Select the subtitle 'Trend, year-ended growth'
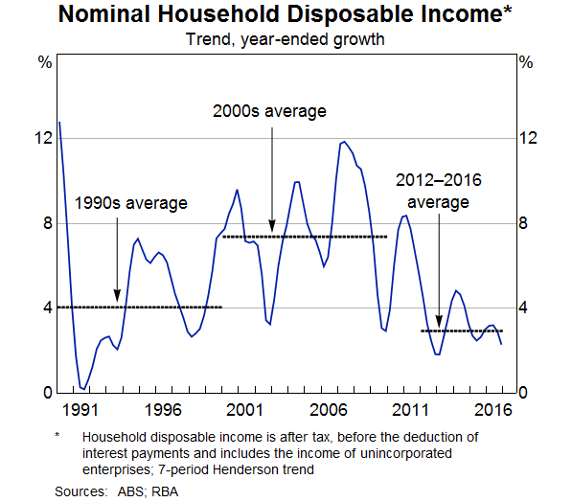pyautogui.click(x=286, y=39)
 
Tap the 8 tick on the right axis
pyautogui.click(x=525, y=223)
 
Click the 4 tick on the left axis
pyautogui.click(x=44, y=308)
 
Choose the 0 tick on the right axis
pyautogui.click(x=525, y=393)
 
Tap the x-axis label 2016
pyautogui.click(x=490, y=409)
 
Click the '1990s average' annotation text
pyautogui.click(x=131, y=203)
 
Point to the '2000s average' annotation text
pyautogui.click(x=269, y=111)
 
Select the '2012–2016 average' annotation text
pyautogui.click(x=439, y=191)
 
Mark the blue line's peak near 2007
pyautogui.click(x=343, y=142)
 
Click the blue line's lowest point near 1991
pyautogui.click(x=83, y=389)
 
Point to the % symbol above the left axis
pyautogui.click(x=44, y=63)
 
